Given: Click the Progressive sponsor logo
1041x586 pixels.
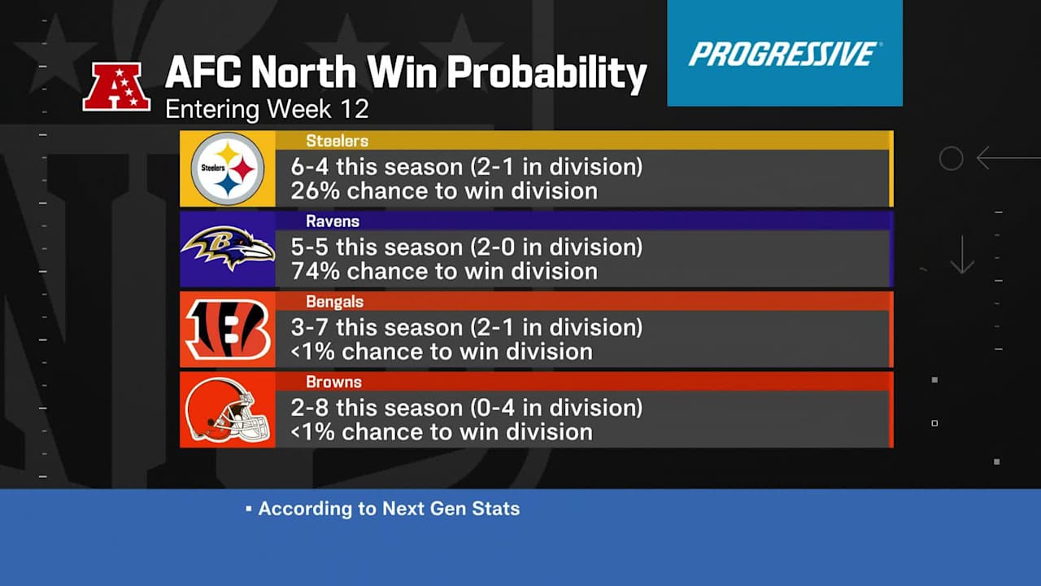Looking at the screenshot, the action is pyautogui.click(x=785, y=54).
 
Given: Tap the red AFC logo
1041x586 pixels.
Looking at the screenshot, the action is pyautogui.click(x=116, y=86).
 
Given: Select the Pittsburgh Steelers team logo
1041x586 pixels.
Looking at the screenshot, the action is pyautogui.click(x=228, y=168).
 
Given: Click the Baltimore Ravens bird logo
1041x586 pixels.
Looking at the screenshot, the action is pyautogui.click(x=228, y=248).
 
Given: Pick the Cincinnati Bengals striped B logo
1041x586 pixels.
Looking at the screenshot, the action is pyautogui.click(x=228, y=330).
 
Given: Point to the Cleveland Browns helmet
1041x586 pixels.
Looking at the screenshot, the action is pyautogui.click(x=227, y=409).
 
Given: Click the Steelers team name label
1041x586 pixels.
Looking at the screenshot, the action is pyautogui.click(x=337, y=141).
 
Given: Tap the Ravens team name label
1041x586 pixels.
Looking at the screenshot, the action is pyautogui.click(x=333, y=221).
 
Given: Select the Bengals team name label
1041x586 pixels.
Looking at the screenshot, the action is pyautogui.click(x=334, y=302).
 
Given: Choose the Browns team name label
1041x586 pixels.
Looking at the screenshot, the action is pyautogui.click(x=333, y=383).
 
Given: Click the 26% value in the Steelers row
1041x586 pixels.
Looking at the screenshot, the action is pyautogui.click(x=315, y=191).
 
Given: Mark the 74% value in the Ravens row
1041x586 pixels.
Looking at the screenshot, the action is pyautogui.click(x=315, y=272).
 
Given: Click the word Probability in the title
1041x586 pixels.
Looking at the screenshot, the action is pyautogui.click(x=547, y=73).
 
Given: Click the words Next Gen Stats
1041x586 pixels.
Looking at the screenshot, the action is pyautogui.click(x=451, y=509).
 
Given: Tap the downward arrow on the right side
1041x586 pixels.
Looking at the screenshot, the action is pyautogui.click(x=962, y=255).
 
